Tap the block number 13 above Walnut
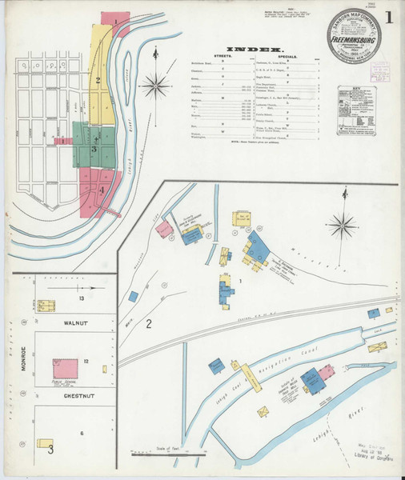point(81,298)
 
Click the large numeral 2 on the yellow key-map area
point(98,79)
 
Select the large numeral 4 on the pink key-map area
point(102,189)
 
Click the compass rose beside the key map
point(159,82)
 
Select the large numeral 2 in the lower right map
point(148,324)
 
